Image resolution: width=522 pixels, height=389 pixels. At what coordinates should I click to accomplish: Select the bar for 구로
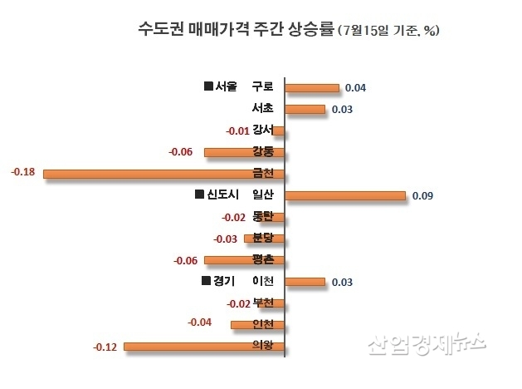pyautogui.click(x=312, y=87)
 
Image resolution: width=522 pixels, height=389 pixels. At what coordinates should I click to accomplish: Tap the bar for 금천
pyautogui.click(x=164, y=174)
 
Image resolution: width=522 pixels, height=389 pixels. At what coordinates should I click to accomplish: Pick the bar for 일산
pyautogui.click(x=345, y=195)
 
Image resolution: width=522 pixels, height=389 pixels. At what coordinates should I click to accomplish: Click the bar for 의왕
pyautogui.click(x=204, y=347)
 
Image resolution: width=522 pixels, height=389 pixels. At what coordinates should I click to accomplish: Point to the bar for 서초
pyautogui.click(x=305, y=109)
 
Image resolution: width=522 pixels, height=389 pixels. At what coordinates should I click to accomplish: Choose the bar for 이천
pyautogui.click(x=305, y=282)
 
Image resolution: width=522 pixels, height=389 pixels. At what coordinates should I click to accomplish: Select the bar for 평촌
pyautogui.click(x=245, y=260)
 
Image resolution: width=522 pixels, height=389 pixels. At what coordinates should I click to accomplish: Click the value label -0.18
pyautogui.click(x=22, y=172)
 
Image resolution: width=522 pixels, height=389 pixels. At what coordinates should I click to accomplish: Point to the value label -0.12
pyautogui.click(x=105, y=346)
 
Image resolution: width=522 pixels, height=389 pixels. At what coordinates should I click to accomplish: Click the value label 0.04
pyautogui.click(x=356, y=88)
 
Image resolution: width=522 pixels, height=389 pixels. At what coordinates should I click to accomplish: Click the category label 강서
pyautogui.click(x=263, y=130)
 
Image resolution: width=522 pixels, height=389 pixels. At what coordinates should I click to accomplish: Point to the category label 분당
pyautogui.click(x=263, y=238)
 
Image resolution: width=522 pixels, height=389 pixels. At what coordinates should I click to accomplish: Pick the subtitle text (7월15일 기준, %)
pyautogui.click(x=389, y=31)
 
